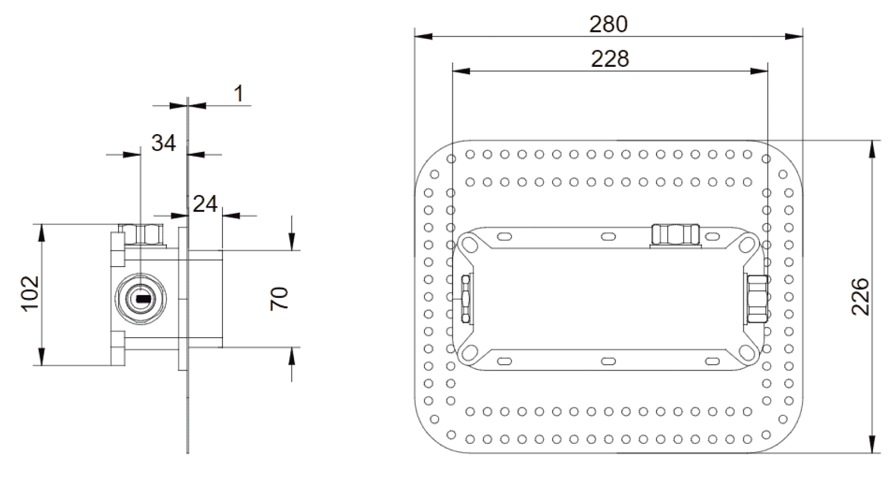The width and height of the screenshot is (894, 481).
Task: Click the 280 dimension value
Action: (x=608, y=24)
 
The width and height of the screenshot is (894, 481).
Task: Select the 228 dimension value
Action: (x=610, y=58)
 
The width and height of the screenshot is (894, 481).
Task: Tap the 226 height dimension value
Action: (x=860, y=296)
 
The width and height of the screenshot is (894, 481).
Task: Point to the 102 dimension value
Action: (x=30, y=294)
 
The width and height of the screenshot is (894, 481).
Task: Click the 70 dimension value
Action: (x=280, y=298)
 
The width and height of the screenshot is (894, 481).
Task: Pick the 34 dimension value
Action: (x=163, y=143)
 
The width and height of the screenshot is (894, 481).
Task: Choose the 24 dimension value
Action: (x=205, y=204)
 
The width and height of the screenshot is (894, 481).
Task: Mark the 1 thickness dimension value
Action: (x=239, y=94)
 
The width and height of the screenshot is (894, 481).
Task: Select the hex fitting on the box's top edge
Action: (x=675, y=234)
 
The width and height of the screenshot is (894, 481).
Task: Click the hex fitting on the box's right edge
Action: (x=757, y=298)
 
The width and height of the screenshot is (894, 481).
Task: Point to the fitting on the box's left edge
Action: (x=466, y=298)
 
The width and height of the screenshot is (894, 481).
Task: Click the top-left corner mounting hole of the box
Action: (x=470, y=243)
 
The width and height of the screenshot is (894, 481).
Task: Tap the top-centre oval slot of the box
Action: (x=607, y=236)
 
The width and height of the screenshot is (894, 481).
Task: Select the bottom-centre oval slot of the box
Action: (x=607, y=361)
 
